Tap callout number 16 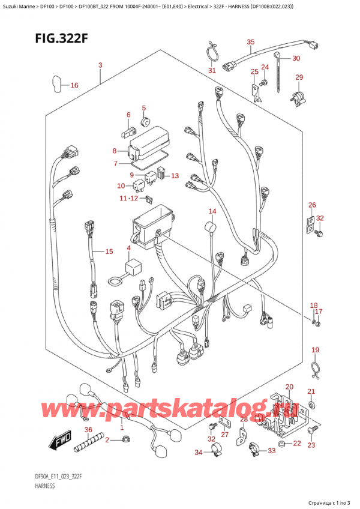[x=74, y=85]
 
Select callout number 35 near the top [x=251, y=41]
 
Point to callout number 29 [x=299, y=77]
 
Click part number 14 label [x=212, y=211]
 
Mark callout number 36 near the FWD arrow [x=88, y=429]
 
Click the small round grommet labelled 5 [x=144, y=122]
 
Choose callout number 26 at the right [x=311, y=205]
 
